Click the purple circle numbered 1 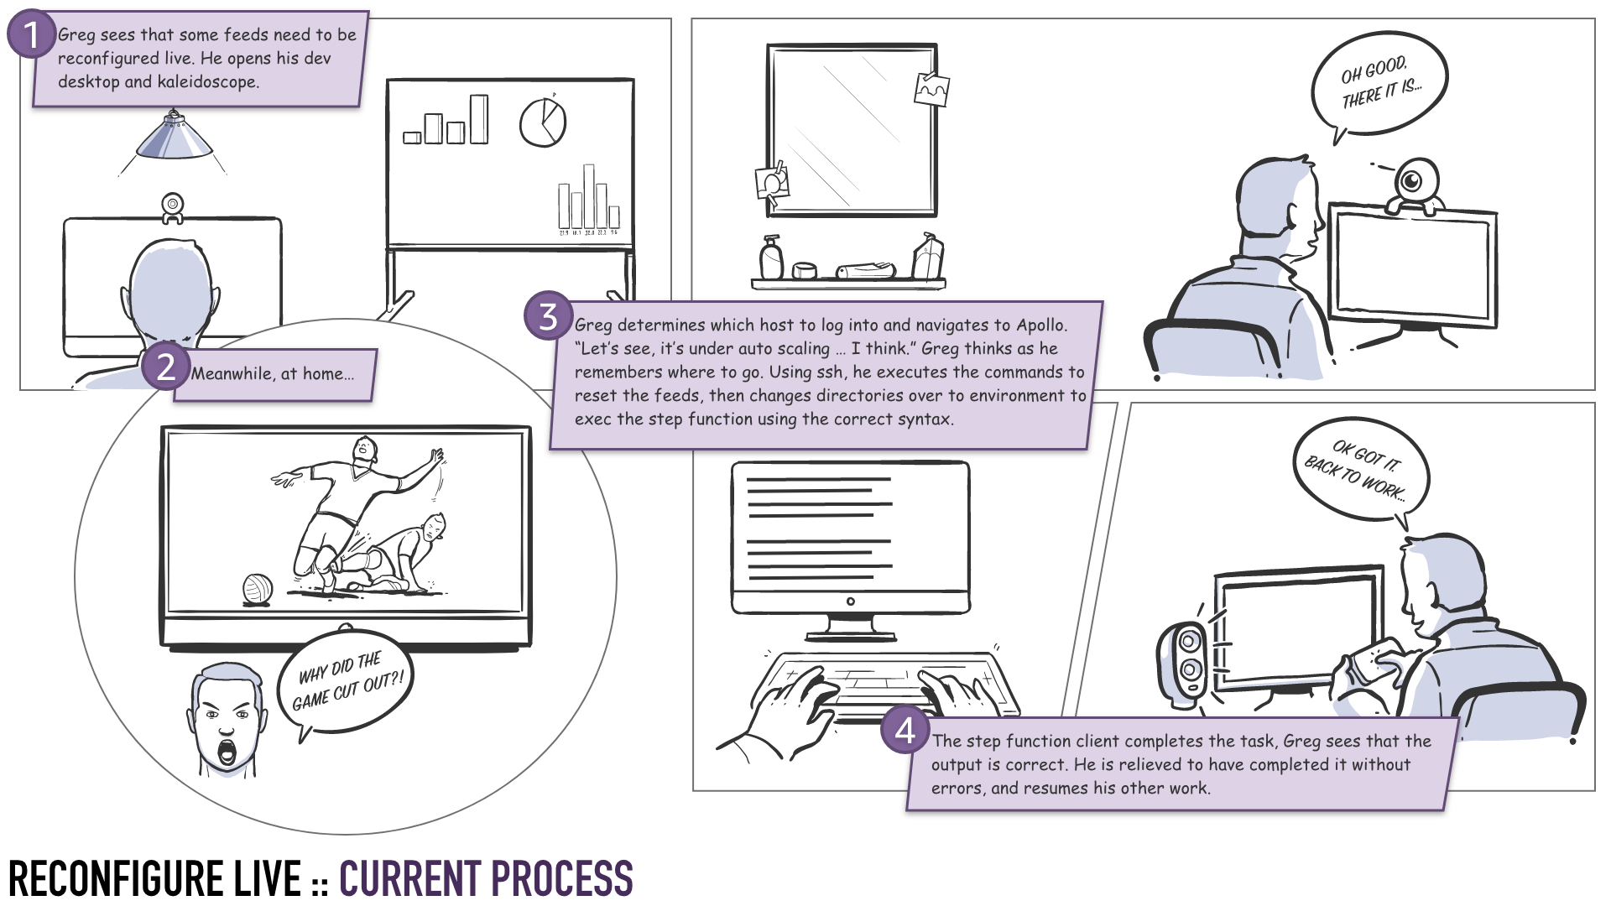[x=31, y=35]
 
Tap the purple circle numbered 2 [x=166, y=367]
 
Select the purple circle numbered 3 [x=548, y=316]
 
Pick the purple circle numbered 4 [x=905, y=731]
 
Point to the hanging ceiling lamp [x=175, y=138]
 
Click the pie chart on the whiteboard [x=543, y=122]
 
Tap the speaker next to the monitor [x=1185, y=659]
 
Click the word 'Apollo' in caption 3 [x=1041, y=325]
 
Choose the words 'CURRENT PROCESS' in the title [x=486, y=878]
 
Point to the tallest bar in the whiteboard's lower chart [x=589, y=195]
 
